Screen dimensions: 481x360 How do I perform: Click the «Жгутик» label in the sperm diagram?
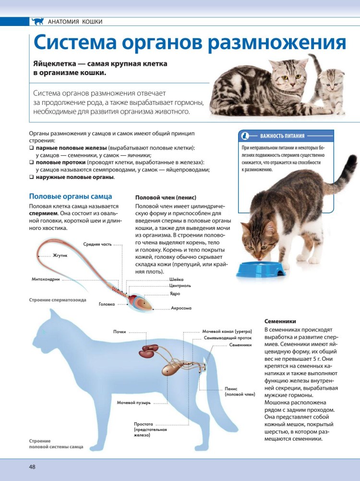point(60,255)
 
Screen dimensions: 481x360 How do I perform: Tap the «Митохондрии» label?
point(46,278)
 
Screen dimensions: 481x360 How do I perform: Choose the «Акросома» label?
point(181,308)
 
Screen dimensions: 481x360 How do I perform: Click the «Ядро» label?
point(175,293)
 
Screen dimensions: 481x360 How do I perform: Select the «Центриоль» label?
point(180,286)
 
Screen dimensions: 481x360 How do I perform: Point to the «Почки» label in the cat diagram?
point(120,332)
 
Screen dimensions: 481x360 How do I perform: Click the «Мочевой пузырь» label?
point(134,402)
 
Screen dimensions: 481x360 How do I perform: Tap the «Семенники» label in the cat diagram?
point(240,345)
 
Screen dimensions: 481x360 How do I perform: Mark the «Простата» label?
point(144,424)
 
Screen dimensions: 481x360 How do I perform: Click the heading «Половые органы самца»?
point(71,196)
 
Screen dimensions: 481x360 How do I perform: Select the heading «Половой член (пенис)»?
point(166,198)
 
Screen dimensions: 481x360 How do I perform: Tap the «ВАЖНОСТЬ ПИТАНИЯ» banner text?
point(282,136)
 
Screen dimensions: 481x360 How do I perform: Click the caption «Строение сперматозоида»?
point(58,300)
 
